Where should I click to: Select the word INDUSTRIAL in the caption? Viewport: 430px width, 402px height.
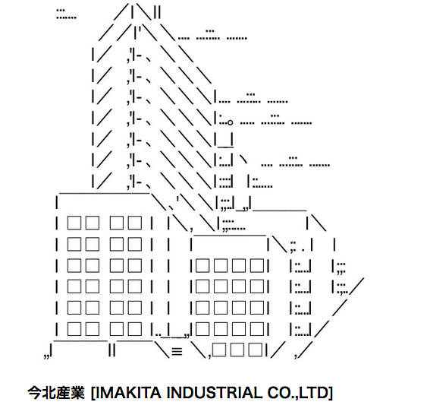point(215,392)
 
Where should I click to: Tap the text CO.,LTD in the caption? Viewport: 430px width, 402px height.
point(298,392)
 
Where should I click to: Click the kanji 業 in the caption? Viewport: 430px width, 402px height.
point(77,392)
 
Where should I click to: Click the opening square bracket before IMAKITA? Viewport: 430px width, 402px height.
point(93,393)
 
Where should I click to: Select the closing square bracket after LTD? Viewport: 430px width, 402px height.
point(331,393)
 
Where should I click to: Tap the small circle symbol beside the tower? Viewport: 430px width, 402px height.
point(230,122)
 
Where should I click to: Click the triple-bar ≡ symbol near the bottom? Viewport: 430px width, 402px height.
point(177,351)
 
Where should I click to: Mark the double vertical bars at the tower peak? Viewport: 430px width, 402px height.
point(157,12)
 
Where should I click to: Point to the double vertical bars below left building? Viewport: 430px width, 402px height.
point(112,350)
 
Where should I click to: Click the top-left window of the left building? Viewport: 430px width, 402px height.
point(74,223)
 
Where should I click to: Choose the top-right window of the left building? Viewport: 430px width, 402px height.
point(135,223)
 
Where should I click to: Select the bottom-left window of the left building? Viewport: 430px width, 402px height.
point(74,329)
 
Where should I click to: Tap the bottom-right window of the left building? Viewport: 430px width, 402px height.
point(135,329)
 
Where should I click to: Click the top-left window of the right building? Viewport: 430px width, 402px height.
point(202,265)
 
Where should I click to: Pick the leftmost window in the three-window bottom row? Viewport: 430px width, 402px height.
point(219,350)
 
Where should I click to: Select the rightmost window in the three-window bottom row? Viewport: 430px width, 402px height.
point(256,350)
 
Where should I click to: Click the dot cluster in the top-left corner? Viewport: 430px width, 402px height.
point(66,14)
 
